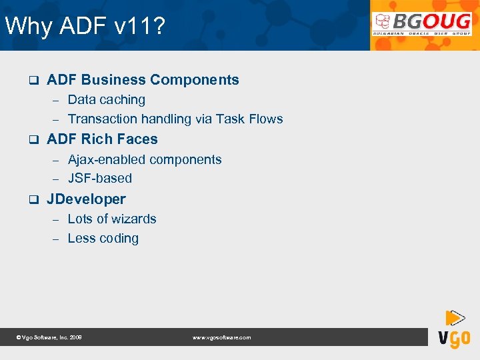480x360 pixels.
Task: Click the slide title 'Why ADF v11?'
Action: (x=85, y=27)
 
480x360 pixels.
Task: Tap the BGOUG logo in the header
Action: (x=422, y=26)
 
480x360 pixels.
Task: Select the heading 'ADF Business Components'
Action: (x=143, y=80)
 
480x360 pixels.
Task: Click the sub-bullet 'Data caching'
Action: (x=107, y=100)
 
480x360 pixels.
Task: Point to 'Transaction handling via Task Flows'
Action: (x=175, y=119)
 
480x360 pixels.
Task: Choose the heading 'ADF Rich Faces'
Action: (x=102, y=139)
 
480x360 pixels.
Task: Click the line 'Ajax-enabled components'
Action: (x=145, y=160)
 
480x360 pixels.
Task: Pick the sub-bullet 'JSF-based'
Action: (x=100, y=179)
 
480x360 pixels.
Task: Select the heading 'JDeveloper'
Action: (x=86, y=199)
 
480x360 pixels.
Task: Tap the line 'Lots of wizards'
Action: (x=112, y=219)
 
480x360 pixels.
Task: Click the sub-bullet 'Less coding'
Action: (x=103, y=239)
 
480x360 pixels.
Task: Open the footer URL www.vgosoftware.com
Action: (x=221, y=338)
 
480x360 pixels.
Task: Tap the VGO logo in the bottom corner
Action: (x=454, y=338)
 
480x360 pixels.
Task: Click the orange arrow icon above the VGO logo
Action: (x=455, y=317)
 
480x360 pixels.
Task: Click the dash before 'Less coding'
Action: (x=57, y=239)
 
